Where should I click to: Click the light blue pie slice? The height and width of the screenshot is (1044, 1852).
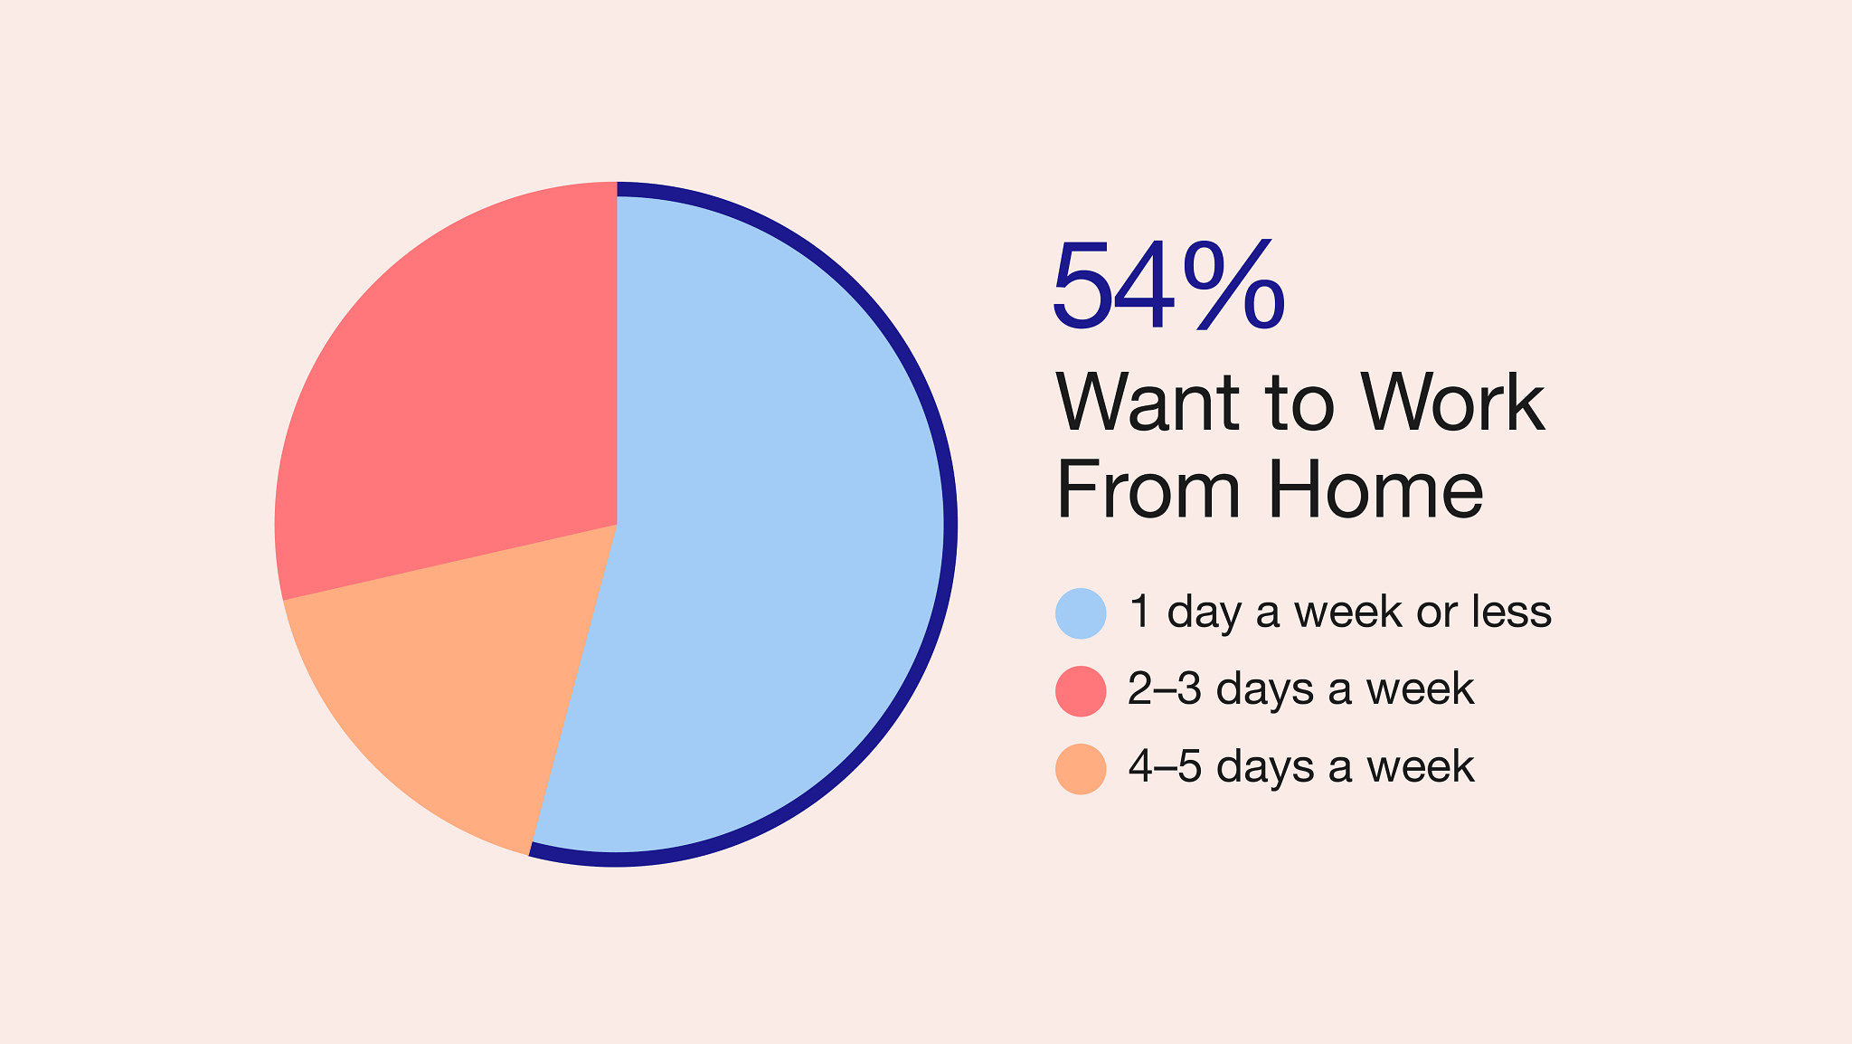[760, 525]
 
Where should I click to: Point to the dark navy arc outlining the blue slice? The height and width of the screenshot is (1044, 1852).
[950, 525]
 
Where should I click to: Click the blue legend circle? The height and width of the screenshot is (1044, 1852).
[1081, 613]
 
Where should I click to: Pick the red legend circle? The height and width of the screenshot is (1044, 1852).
[1081, 691]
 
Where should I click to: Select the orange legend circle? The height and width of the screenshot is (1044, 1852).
[1081, 769]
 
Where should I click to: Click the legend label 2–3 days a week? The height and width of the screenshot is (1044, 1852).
[1300, 689]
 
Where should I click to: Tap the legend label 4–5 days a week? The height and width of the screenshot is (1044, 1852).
[1301, 767]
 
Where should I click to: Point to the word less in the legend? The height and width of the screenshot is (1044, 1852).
[1511, 612]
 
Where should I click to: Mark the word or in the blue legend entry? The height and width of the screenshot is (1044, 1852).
[1438, 615]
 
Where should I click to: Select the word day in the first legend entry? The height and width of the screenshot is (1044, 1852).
[1205, 613]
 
